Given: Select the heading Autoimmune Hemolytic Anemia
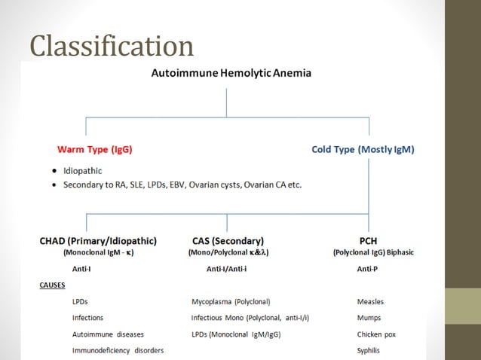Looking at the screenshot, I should pyautogui.click(x=231, y=74).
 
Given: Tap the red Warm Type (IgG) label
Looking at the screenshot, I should pyautogui.click(x=95, y=149).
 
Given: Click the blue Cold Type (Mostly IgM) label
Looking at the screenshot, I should pyautogui.click(x=363, y=149).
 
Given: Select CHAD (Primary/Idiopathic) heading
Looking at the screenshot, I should pyautogui.click(x=98, y=241).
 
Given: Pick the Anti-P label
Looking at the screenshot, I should pyautogui.click(x=367, y=269).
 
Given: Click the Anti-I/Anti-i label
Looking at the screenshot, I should pyautogui.click(x=228, y=269).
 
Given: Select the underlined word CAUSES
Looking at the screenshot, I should pyautogui.click(x=52, y=285).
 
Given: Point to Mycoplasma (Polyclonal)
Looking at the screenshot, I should pyautogui.click(x=231, y=302).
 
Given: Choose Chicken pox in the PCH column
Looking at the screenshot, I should pyautogui.click(x=376, y=334).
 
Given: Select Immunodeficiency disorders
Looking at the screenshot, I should pyautogui.click(x=118, y=350).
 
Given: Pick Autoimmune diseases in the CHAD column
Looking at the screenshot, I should pyautogui.click(x=108, y=334).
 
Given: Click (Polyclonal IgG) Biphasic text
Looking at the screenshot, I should pyautogui.click(x=373, y=253).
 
